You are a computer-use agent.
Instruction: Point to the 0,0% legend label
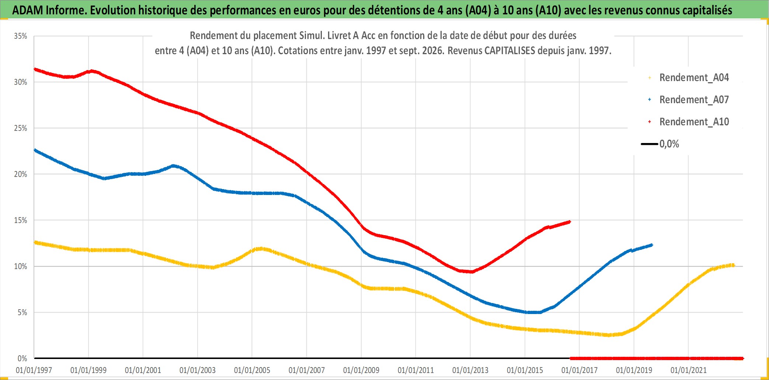click(x=669, y=144)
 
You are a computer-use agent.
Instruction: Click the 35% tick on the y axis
click(x=21, y=36)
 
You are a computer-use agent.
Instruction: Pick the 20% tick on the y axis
click(x=21, y=174)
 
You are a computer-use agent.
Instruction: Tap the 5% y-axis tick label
click(x=22, y=313)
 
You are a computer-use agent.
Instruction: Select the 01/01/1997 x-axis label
click(x=34, y=370)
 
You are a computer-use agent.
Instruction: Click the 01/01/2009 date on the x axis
click(x=361, y=370)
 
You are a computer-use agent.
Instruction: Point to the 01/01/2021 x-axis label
click(x=689, y=370)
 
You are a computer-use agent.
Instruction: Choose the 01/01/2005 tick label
click(x=252, y=370)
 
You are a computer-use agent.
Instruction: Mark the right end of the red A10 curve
click(x=570, y=222)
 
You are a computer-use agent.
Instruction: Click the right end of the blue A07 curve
click(x=652, y=245)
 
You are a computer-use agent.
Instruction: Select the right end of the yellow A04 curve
click(x=733, y=265)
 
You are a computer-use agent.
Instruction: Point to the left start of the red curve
click(x=35, y=69)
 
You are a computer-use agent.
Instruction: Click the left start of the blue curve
click(x=35, y=150)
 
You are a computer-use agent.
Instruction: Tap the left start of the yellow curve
click(x=35, y=242)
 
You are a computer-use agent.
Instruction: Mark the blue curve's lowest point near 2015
click(x=535, y=312)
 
